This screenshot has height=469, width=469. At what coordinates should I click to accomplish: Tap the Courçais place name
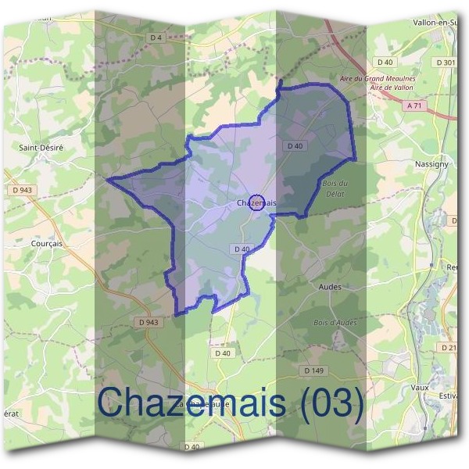click(45, 243)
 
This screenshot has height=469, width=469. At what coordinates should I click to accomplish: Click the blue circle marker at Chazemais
click(256, 203)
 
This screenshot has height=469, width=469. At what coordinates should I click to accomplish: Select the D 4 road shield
click(156, 38)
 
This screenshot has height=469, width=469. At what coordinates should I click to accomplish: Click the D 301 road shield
click(446, 62)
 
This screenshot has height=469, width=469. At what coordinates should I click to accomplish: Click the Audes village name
click(331, 287)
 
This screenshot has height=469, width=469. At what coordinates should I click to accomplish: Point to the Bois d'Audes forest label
click(335, 323)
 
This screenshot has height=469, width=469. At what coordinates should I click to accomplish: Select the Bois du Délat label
click(334, 188)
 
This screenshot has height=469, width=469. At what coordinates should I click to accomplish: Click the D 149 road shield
click(313, 371)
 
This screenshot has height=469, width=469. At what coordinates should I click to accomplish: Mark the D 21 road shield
click(449, 347)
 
